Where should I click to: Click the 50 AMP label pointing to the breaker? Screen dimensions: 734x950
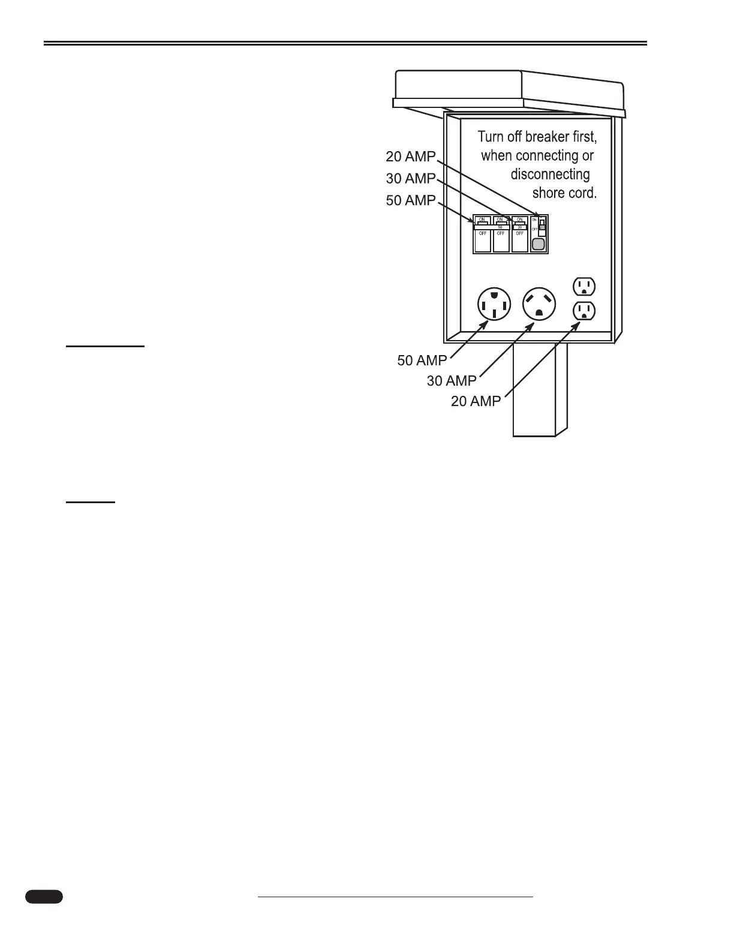coord(411,200)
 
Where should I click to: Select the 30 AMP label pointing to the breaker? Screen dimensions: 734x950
coord(411,179)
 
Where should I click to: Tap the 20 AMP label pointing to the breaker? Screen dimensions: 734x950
coord(411,157)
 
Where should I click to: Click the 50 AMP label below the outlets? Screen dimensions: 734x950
coord(422,360)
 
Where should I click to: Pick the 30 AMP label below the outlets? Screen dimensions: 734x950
coord(452,381)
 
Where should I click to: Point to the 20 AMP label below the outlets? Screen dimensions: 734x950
coord(476,401)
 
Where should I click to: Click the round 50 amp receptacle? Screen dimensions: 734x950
coord(494,304)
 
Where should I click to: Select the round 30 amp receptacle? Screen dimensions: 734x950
coord(539,304)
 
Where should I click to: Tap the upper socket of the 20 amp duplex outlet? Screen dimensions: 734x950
coord(584,287)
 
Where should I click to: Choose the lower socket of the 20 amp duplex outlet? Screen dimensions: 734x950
coord(584,311)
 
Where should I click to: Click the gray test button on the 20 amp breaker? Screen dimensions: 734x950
coord(539,243)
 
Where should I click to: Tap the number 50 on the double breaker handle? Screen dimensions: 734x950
coord(500,227)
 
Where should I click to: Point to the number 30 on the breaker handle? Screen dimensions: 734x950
coord(519,227)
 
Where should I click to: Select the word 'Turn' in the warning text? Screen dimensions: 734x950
coord(491,137)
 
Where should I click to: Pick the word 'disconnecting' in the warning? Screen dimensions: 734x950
coord(550,175)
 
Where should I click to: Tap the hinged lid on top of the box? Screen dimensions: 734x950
coord(510,90)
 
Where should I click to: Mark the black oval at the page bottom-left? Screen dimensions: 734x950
coord(44,913)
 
